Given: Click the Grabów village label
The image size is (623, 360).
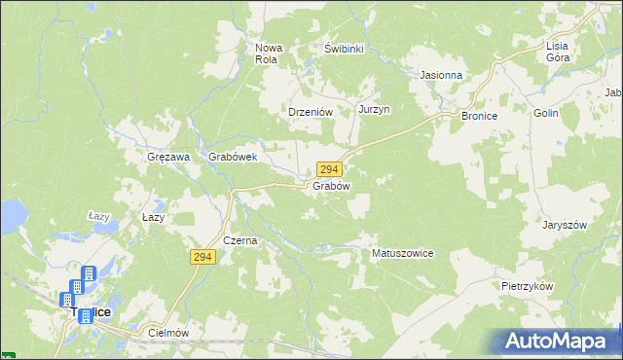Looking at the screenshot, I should click(x=331, y=185).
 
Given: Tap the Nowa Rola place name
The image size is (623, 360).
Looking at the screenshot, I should click(x=267, y=53).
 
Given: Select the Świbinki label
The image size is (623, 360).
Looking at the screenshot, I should click(x=344, y=48).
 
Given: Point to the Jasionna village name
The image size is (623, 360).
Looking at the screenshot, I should click(x=441, y=74).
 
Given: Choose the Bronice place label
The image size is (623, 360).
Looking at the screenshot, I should click(x=480, y=115).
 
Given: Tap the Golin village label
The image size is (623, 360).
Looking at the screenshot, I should click(x=545, y=113).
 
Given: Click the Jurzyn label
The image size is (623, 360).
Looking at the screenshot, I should click(x=374, y=109).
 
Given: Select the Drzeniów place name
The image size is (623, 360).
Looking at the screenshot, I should click(x=311, y=112).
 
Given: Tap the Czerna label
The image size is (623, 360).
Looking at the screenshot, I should click(x=239, y=240).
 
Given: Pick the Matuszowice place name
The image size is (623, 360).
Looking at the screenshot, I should click(x=403, y=253).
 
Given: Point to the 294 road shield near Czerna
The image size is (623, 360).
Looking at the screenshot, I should click(x=202, y=256).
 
